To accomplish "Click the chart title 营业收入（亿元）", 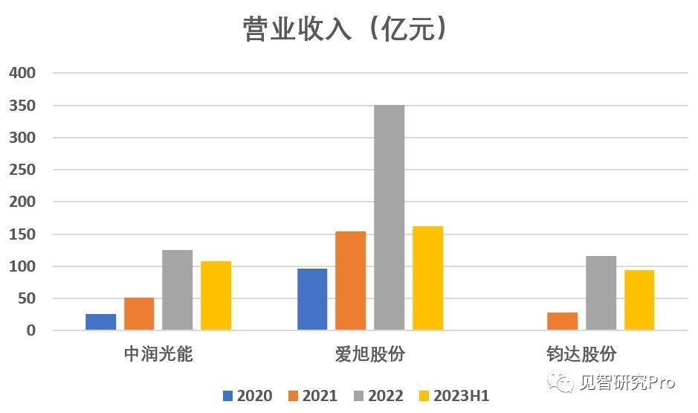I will [x=347, y=30].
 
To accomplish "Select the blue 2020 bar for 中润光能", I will [x=101, y=322].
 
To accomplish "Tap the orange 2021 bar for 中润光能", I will [x=139, y=314].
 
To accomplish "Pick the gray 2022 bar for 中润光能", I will [x=178, y=290].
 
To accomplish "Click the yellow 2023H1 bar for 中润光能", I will [x=216, y=295].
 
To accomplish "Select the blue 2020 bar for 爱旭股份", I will [x=312, y=299].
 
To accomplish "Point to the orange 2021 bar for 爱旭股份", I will [x=351, y=281].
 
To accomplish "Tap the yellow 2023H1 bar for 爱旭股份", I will [x=428, y=278].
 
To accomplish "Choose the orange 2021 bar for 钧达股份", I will [x=563, y=321].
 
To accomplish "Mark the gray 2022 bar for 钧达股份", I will [x=601, y=293].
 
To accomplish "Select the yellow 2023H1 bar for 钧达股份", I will [x=639, y=300].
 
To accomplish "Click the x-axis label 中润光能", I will [x=158, y=353].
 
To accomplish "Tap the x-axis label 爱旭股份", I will [x=370, y=353].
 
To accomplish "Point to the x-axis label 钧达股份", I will [x=582, y=353].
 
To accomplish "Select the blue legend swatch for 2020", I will [x=227, y=396].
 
